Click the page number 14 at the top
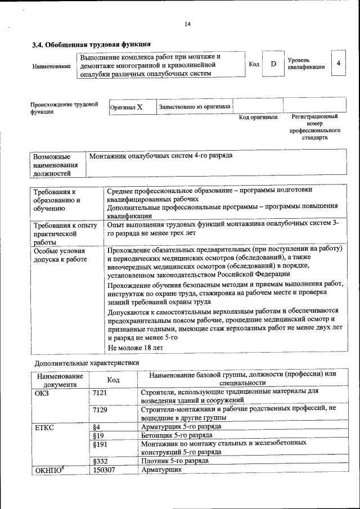coord(188,24)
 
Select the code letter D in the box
coord(273,64)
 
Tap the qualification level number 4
coord(338,64)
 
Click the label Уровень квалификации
coord(306,64)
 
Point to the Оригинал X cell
coord(127,106)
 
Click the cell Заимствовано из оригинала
coord(195,106)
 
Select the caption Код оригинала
coord(258,118)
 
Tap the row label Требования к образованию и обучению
coord(57,200)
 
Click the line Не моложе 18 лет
coord(136,348)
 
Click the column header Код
coord(113,381)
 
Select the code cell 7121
coord(100,392)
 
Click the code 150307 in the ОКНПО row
coord(104,469)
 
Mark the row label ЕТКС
coord(44,427)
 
